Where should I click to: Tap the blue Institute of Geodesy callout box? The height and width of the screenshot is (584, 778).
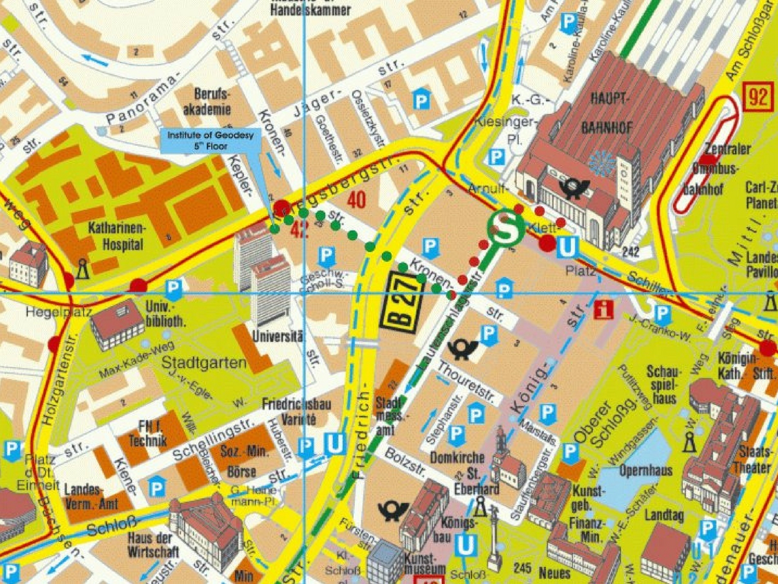(x=210, y=141)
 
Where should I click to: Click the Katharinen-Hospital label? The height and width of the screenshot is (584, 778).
(x=115, y=236)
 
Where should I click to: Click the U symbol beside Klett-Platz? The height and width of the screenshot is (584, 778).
(x=568, y=248)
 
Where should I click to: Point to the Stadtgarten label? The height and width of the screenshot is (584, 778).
(x=204, y=364)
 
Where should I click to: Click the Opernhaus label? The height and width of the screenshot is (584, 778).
(x=645, y=470)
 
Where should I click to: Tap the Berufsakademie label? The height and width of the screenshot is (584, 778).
(x=212, y=102)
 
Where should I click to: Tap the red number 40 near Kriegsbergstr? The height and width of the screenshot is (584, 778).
(x=357, y=200)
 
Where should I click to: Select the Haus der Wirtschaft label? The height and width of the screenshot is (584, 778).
(x=153, y=544)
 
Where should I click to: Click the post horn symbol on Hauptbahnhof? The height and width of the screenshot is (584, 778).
(x=575, y=188)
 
